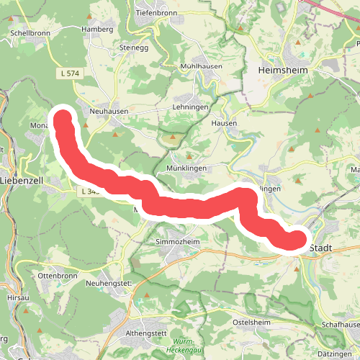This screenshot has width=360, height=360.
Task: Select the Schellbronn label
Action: [30, 33]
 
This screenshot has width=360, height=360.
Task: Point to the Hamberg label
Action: [98, 30]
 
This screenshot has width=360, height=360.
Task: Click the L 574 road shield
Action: [67, 73]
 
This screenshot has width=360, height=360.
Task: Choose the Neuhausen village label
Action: [109, 112]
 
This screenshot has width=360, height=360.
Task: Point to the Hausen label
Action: [224, 123]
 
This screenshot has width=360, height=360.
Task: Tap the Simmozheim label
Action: [177, 243]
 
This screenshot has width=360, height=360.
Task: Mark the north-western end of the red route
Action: [63, 118]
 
